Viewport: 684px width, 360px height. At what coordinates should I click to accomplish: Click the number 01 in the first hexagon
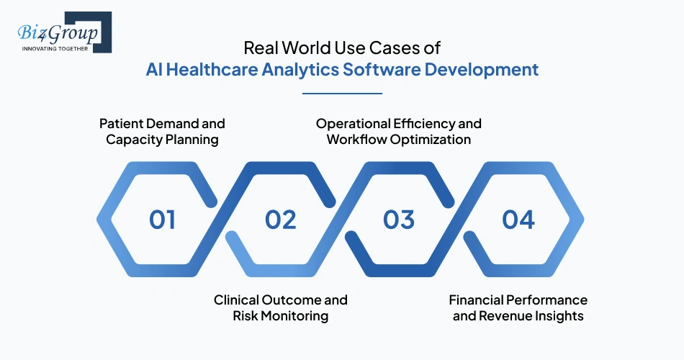[x=162, y=219]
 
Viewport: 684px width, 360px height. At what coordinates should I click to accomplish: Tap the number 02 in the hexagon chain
[x=281, y=219]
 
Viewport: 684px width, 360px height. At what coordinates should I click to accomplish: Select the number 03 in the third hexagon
[x=399, y=219]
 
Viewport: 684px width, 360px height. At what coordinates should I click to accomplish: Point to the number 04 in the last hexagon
[x=518, y=219]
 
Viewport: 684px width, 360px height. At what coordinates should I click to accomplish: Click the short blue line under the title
[x=342, y=93]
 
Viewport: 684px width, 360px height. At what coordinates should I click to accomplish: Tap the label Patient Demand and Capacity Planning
[x=162, y=131]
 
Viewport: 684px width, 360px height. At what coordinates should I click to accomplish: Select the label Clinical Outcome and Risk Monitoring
[x=281, y=307]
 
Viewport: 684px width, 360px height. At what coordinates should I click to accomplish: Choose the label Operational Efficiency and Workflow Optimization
[x=399, y=131]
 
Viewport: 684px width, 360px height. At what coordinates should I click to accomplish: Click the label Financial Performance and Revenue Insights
[x=518, y=307]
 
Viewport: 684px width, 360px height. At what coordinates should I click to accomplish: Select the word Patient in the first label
[x=120, y=123]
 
